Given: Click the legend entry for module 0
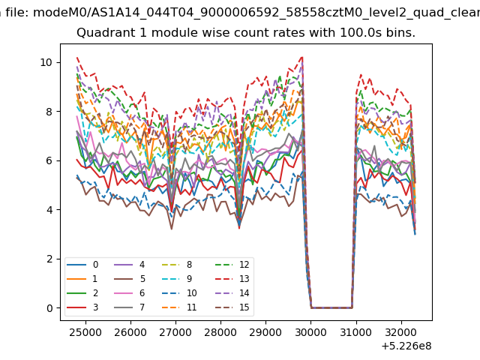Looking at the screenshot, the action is click(82, 265).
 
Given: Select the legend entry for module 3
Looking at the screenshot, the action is click(82, 307).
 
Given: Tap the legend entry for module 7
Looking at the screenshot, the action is click(129, 307).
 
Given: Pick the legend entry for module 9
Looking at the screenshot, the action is click(177, 278).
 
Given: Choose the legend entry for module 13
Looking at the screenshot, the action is click(232, 278).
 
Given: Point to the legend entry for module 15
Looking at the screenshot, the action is click(232, 307).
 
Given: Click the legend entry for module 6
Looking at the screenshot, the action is click(129, 293).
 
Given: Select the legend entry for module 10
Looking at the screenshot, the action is click(179, 293).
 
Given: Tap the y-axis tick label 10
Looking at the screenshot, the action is click(46, 62).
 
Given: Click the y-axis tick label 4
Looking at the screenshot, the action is click(49, 210).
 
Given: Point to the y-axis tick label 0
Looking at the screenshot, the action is click(49, 308).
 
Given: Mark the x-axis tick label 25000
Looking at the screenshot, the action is click(85, 332).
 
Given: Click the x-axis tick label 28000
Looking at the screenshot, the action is click(220, 332).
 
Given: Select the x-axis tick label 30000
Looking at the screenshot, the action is click(310, 332).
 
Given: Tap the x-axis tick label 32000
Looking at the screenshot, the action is click(401, 332).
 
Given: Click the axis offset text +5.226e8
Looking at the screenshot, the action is click(406, 346).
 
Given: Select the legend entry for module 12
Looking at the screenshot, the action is click(232, 265).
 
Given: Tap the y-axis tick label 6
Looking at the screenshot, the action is click(49, 160).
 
